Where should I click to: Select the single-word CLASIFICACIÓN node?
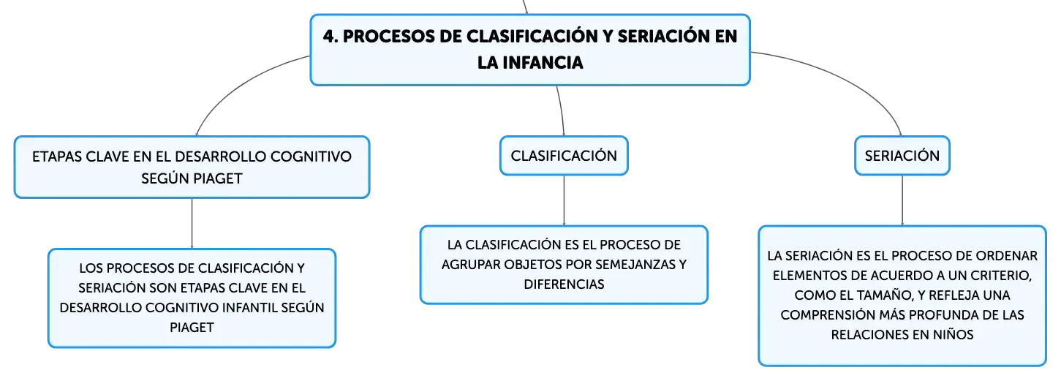point(564,156)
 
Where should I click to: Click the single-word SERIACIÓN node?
point(902,156)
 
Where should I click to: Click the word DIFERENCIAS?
point(564,284)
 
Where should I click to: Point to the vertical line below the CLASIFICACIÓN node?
point(564,200)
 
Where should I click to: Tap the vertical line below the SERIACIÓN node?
point(902,200)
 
